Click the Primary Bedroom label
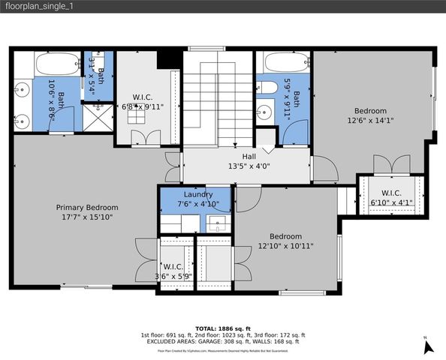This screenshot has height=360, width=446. point(87,207)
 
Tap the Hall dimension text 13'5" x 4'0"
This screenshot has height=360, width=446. point(246,167)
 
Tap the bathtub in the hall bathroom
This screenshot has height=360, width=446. point(281,63)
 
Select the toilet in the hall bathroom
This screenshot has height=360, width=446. point(264,88)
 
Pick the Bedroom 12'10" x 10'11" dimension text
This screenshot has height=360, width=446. point(286,244)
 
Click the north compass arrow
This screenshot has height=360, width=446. point(428,346)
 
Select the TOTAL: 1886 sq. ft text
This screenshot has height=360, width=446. point(222,328)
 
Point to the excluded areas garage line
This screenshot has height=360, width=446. point(222,341)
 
